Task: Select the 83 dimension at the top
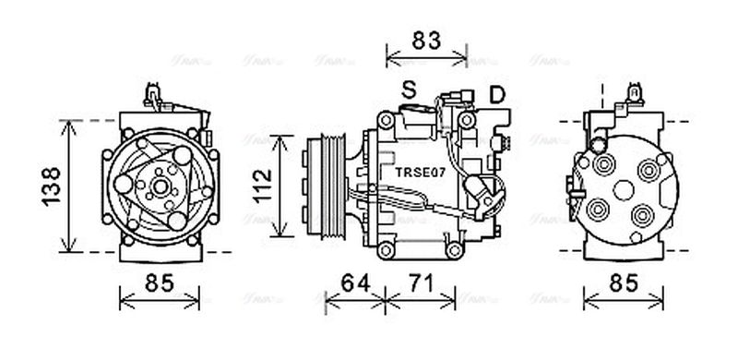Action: pyautogui.click(x=426, y=41)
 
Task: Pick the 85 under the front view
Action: pyautogui.click(x=160, y=284)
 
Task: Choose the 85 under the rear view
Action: pyautogui.click(x=624, y=284)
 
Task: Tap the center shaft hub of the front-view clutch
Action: pyautogui.click(x=159, y=187)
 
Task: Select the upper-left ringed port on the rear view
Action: pyautogui.click(x=604, y=166)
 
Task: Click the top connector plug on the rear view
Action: pyautogui.click(x=634, y=92)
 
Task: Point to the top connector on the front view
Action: pyautogui.click(x=153, y=93)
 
